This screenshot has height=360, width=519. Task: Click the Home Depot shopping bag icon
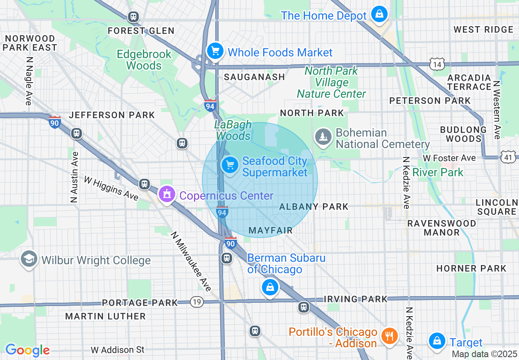[x=379, y=14]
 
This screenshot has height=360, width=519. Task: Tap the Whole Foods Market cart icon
[x=215, y=51]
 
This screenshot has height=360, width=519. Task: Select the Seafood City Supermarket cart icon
[x=230, y=165]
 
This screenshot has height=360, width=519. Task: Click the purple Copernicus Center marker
[x=167, y=194]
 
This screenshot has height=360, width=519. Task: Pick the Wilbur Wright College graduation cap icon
[x=29, y=259]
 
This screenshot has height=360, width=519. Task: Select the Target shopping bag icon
[x=437, y=341]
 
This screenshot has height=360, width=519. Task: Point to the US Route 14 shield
[x=437, y=63]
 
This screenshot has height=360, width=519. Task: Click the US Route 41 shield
[x=507, y=156]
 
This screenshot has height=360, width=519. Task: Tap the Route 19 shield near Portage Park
[x=197, y=302]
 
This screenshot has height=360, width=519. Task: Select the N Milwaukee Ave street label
[x=191, y=262]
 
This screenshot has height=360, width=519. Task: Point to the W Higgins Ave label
[x=111, y=188]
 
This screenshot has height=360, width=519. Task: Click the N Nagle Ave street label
[x=29, y=81]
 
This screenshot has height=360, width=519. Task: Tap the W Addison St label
[x=117, y=350]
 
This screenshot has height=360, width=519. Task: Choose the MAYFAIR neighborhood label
[x=271, y=231]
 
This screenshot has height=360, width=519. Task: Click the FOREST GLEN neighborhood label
[x=141, y=31]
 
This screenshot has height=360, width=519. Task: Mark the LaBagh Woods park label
[x=233, y=130]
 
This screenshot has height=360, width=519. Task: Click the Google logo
[x=27, y=350]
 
